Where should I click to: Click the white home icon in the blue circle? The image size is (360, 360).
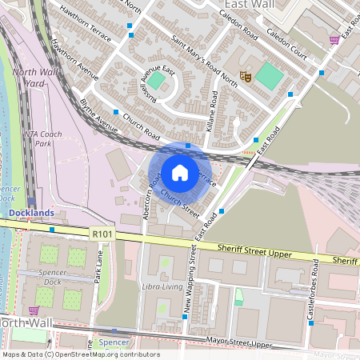pos(179,173)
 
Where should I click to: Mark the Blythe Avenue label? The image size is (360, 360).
pos(98,115)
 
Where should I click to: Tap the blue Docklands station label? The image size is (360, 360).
pos(31,212)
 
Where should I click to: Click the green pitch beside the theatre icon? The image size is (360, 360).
pos(270,77)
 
